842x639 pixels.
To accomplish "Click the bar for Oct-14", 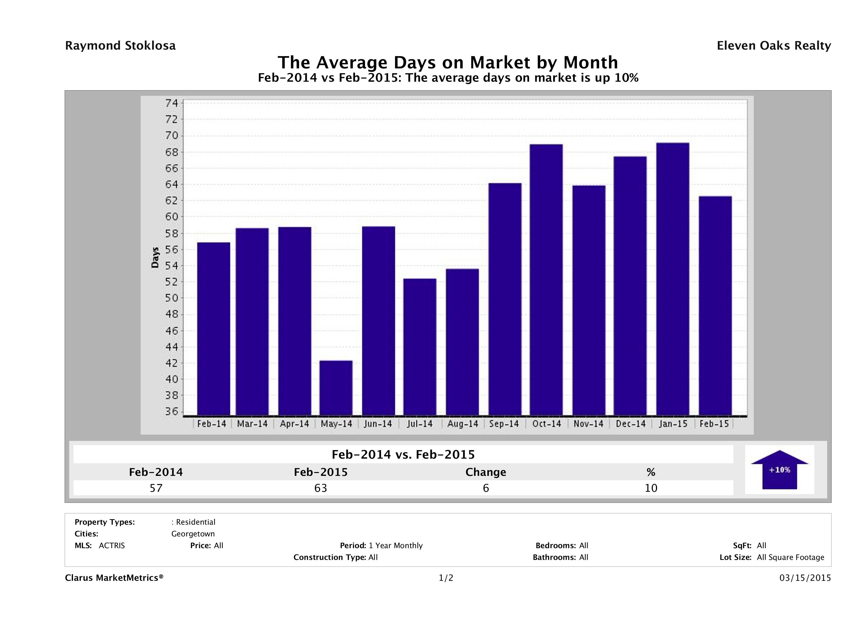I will (546, 280).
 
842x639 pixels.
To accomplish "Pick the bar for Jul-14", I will (420, 347).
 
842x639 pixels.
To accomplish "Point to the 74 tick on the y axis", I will (171, 103).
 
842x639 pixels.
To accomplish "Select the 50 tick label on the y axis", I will (171, 298).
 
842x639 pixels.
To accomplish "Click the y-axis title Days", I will (155, 257).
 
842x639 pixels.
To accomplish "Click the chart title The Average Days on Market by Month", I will (448, 62).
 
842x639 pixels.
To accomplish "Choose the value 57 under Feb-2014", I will (156, 488).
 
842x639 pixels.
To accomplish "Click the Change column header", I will (486, 472).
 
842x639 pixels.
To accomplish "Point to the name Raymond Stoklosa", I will (120, 46).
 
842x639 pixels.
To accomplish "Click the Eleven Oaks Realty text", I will (773, 46).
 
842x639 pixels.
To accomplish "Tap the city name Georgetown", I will (193, 534).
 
